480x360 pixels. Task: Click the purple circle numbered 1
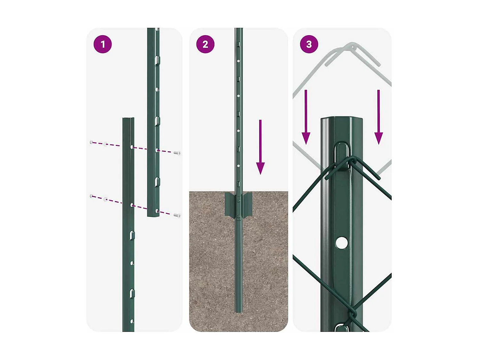[x=102, y=44]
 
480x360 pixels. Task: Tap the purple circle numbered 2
[x=205, y=44]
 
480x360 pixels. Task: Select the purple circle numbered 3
[x=309, y=44]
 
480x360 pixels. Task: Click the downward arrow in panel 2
[x=260, y=147]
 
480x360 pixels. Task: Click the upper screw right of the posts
[x=177, y=153]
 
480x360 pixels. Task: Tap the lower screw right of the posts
[x=177, y=215]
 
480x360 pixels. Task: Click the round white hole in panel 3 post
[x=341, y=243]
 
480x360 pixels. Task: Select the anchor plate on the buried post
[x=238, y=204]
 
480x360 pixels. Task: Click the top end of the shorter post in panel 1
[x=128, y=119]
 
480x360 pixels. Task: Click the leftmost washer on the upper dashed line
[x=92, y=142]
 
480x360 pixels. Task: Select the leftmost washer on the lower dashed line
[x=92, y=196]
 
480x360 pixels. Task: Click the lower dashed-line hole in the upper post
[x=157, y=211]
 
